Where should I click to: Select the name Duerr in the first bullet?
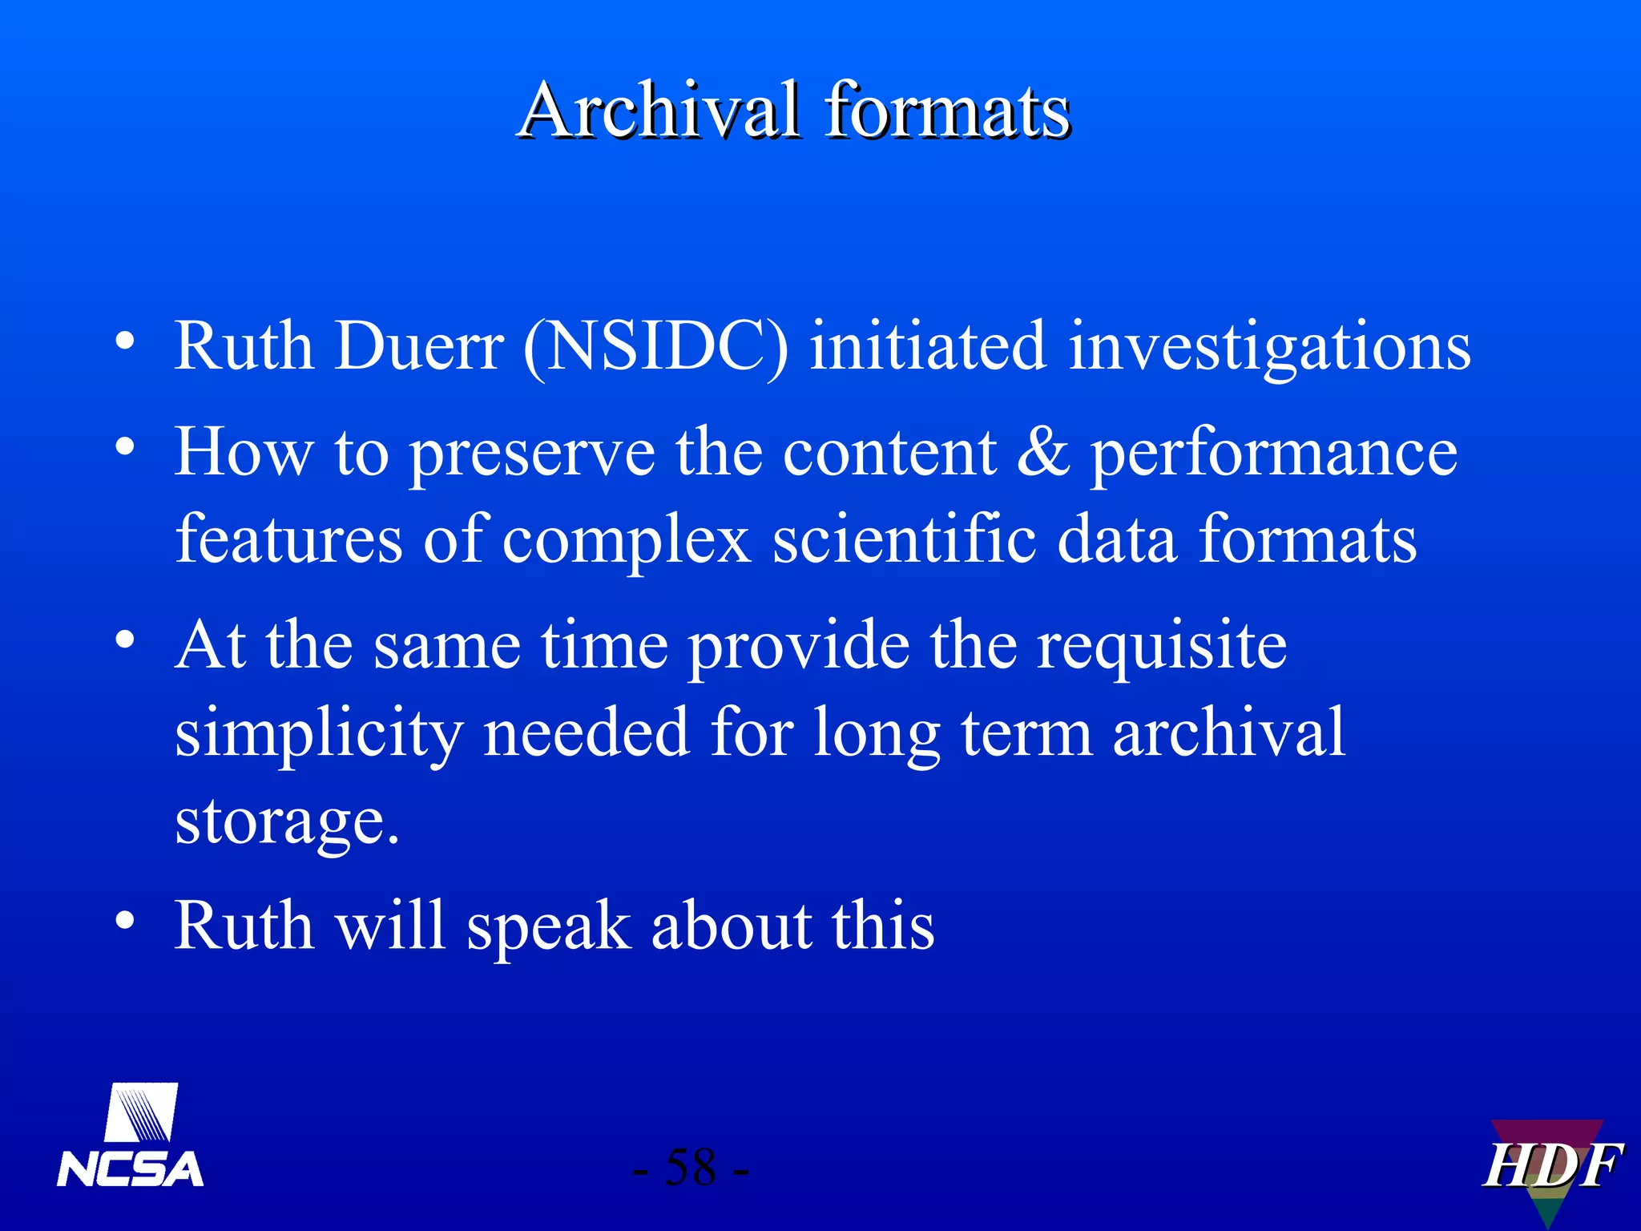coord(419,346)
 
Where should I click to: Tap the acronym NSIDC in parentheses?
coord(655,346)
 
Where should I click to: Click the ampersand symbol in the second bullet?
coord(1042,452)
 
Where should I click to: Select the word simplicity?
coord(319,734)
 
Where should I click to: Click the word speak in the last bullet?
coord(548,926)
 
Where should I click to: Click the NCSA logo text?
coord(131,1169)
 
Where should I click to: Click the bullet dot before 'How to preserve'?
coord(124,446)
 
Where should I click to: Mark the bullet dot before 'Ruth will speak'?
coord(124,920)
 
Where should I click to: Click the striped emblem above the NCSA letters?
coord(142,1112)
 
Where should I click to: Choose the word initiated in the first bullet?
coord(927,346)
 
